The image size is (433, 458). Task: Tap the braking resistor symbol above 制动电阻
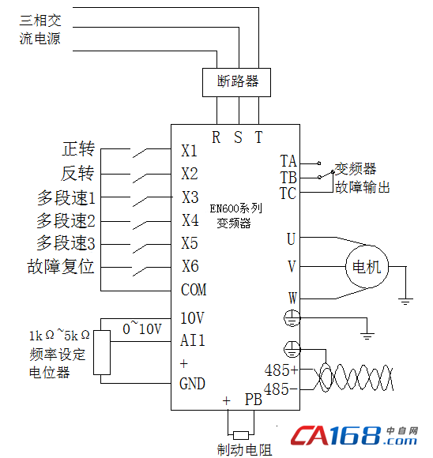(x=241, y=435)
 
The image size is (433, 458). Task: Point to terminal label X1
(x=189, y=151)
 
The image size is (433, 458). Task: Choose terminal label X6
(x=190, y=266)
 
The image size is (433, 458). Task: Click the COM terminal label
(x=194, y=290)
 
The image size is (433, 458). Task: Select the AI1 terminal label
(x=192, y=340)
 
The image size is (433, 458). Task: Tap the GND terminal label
(x=192, y=384)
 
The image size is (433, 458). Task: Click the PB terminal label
(x=253, y=400)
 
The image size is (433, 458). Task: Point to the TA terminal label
(x=288, y=161)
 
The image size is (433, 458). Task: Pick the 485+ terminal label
(x=281, y=370)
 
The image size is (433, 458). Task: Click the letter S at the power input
(x=238, y=137)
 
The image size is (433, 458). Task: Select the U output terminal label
(x=291, y=239)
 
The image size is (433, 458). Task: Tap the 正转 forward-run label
(x=78, y=148)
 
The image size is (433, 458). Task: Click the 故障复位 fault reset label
(x=61, y=266)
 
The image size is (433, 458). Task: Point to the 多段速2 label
(x=66, y=220)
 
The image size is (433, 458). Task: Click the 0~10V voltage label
(x=142, y=328)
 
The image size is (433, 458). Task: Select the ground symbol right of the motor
(x=406, y=301)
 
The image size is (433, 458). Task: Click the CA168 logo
(x=354, y=436)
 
